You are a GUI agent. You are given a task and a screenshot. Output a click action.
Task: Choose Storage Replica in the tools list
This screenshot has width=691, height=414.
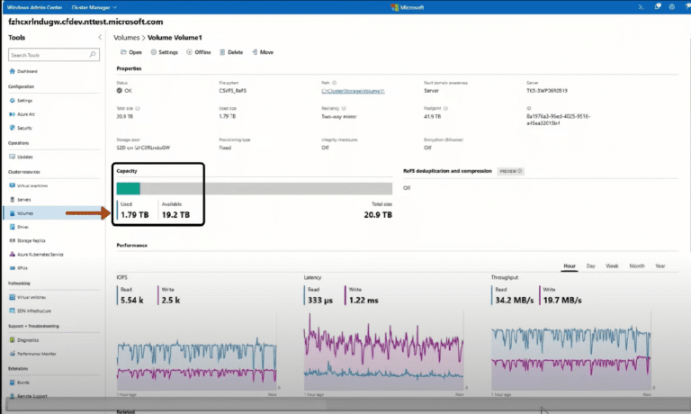(35, 240)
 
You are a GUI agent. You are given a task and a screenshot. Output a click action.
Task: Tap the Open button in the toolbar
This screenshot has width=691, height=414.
(130, 52)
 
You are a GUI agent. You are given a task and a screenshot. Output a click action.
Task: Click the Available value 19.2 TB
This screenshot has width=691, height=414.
(175, 214)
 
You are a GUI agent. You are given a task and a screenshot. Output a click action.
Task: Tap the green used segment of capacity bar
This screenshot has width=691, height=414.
(128, 188)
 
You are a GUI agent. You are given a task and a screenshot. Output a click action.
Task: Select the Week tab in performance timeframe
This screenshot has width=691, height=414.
(612, 266)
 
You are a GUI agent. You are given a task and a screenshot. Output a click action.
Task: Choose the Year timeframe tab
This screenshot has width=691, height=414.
(660, 266)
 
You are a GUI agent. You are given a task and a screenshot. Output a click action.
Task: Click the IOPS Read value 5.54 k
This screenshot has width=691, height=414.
(132, 300)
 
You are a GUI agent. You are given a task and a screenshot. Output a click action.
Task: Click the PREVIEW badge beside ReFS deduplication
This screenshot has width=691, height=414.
(509, 170)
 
